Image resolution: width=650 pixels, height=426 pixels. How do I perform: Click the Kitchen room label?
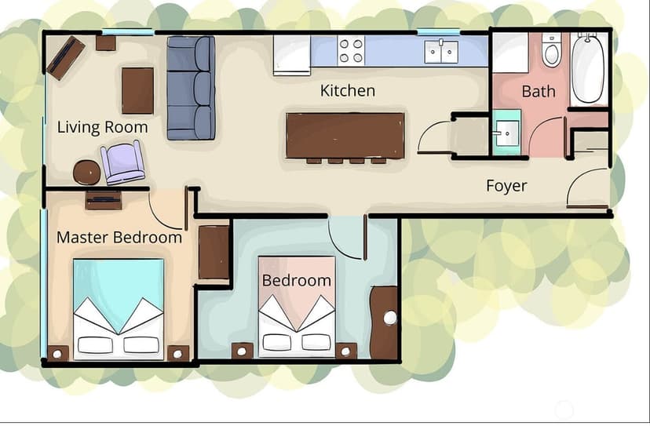[348, 90]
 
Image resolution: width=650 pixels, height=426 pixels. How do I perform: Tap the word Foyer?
[506, 186]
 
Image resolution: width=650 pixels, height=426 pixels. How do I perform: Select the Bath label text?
[538, 91]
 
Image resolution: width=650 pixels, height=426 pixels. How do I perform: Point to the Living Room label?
[102, 127]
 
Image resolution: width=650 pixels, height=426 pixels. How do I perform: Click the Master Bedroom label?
[119, 238]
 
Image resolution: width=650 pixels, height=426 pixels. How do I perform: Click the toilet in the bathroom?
[551, 50]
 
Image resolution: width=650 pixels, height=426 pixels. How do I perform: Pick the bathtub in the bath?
[589, 68]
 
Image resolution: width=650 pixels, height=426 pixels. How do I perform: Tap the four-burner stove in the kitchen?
[351, 50]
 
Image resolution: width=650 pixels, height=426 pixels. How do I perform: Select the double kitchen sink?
[441, 51]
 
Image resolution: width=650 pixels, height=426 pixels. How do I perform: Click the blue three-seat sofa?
[191, 88]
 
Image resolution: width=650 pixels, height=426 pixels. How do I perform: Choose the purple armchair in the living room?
[122, 162]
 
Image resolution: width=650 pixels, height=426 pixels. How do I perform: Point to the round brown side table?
[86, 172]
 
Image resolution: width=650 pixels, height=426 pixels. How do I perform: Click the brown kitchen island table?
[345, 136]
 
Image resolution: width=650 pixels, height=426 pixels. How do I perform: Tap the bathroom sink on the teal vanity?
[506, 133]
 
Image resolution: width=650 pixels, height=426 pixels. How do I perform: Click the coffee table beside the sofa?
[137, 91]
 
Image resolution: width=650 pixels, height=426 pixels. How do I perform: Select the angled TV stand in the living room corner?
[65, 57]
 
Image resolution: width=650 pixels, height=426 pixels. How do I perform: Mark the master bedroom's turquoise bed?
[119, 309]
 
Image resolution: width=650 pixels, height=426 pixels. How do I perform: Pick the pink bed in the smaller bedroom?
[297, 306]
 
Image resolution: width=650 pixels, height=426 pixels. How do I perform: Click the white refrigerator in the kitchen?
[292, 55]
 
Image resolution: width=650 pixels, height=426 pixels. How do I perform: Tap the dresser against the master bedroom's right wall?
[214, 252]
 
